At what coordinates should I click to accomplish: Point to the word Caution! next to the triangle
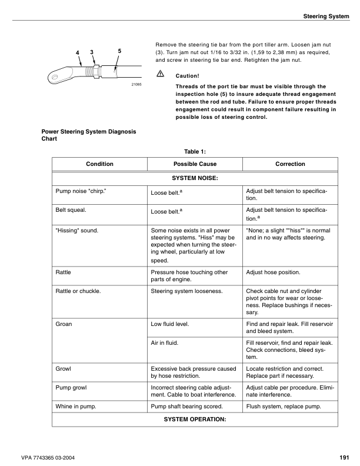(x=188, y=76)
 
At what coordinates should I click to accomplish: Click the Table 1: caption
(x=195, y=151)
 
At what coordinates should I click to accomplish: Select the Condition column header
(x=99, y=164)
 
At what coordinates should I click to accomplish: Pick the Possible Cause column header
(x=195, y=164)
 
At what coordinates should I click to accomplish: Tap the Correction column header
(x=290, y=164)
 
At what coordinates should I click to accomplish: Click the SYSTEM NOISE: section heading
(x=195, y=177)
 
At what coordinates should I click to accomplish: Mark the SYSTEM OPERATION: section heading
(x=195, y=419)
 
